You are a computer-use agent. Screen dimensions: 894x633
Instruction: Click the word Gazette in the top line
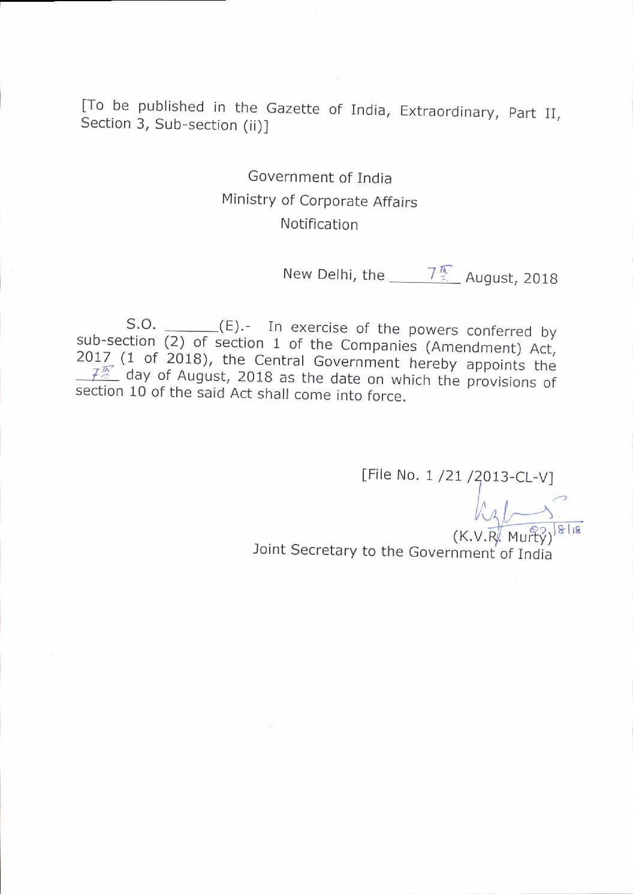tap(293, 108)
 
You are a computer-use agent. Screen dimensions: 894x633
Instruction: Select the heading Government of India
tap(319, 177)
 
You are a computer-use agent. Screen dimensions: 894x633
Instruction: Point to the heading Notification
tap(319, 224)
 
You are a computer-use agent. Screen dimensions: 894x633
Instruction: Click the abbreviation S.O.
tap(141, 324)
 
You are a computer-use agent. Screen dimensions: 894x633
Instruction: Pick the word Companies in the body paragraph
tap(378, 346)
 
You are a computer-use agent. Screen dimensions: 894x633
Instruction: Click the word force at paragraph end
tap(386, 396)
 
